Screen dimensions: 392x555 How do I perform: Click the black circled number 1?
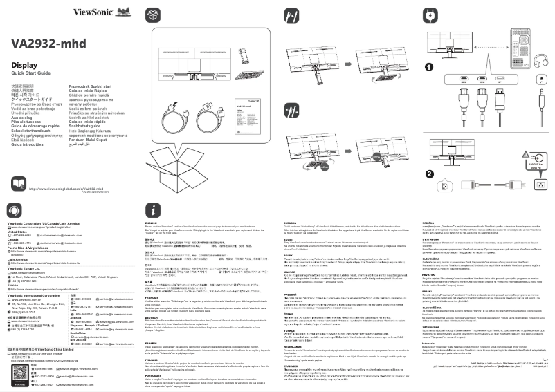tap(429, 67)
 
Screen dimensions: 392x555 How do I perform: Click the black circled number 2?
tap(429, 155)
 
